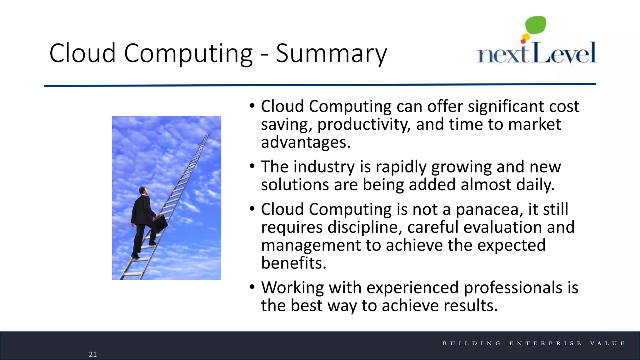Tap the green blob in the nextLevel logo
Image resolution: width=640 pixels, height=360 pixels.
(536, 25)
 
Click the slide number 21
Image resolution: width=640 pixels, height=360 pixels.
(93, 354)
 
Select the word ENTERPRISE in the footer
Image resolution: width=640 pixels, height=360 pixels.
(545, 343)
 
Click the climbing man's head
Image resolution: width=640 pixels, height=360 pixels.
(143, 191)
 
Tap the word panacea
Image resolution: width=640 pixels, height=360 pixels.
(489, 209)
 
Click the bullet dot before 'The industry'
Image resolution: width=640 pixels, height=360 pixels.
(252, 166)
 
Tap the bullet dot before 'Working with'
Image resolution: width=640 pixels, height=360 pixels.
(252, 287)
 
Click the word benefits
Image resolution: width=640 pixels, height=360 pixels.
(293, 263)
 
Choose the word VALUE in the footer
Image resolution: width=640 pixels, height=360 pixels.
(607, 343)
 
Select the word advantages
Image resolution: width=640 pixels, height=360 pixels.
(305, 142)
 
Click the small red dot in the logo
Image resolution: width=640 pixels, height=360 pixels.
(523, 41)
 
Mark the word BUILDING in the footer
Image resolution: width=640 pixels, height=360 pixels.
(472, 343)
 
